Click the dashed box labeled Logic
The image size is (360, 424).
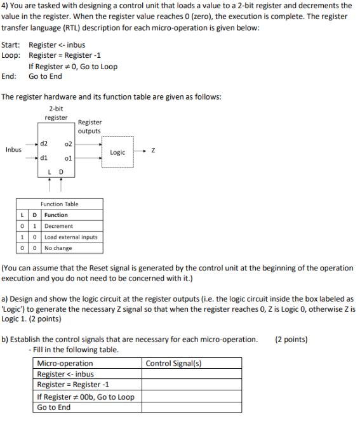118,152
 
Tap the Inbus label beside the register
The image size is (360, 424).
13,150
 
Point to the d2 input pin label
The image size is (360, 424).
44,143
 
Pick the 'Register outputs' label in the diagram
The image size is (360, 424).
90,126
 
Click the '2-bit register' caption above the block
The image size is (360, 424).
56,113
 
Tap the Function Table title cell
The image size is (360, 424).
59,204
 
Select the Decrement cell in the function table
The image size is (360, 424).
58,226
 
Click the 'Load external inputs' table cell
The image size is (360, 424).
70,237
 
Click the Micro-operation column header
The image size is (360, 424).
65,363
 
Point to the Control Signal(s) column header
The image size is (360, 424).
173,363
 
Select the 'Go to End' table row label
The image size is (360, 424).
54,407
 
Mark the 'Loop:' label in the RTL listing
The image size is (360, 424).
11,55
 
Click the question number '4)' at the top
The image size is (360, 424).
6,6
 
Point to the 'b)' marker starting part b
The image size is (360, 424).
5,339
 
